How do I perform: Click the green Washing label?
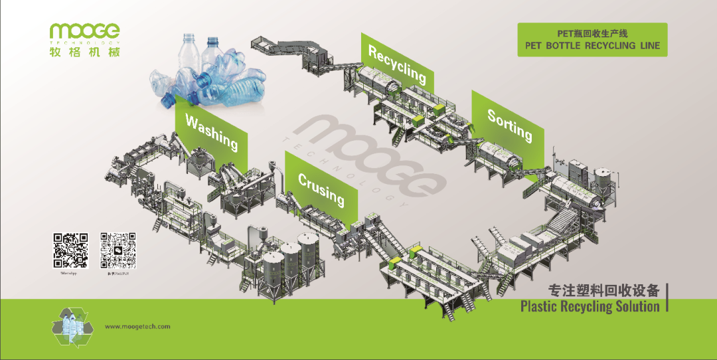click(x=211, y=131)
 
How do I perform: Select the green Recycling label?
click(x=397, y=64)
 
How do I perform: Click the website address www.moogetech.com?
click(x=138, y=326)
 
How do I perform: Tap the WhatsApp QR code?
click(x=70, y=250)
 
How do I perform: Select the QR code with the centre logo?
click(x=118, y=250)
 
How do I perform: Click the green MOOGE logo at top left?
click(x=85, y=31)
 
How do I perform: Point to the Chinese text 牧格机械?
click(x=85, y=52)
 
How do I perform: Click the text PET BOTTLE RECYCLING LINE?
click(x=592, y=46)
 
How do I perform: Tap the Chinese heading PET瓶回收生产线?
click(x=592, y=33)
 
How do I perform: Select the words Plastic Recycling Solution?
click(x=590, y=306)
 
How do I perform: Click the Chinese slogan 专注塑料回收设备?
click(x=604, y=290)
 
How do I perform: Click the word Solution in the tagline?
click(x=638, y=306)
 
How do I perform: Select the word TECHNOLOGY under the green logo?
click(x=85, y=41)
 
